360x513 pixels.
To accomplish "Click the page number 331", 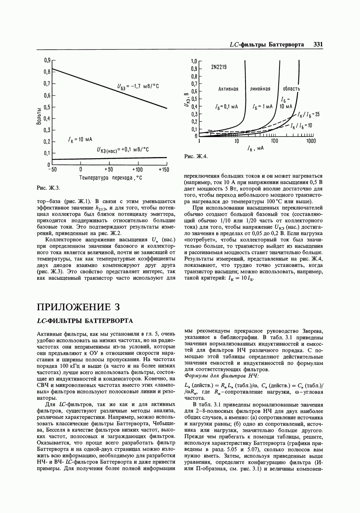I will pos(318,45).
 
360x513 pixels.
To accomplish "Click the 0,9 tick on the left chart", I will pos(47,60).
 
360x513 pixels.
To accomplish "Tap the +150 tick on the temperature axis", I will pos(163,170).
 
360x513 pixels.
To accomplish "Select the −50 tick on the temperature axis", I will pos(52,170).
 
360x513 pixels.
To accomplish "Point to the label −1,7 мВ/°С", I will pos(138,86).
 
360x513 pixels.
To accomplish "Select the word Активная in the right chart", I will pos(228,89).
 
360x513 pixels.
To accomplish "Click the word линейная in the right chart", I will pos(260,89).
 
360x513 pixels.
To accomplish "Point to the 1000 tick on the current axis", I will pos(310,141).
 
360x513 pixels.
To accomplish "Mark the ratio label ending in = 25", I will pos(310,114).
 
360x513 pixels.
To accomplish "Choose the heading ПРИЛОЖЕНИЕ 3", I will pos(78,307).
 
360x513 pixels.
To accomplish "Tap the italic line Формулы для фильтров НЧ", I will pos(221,376).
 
